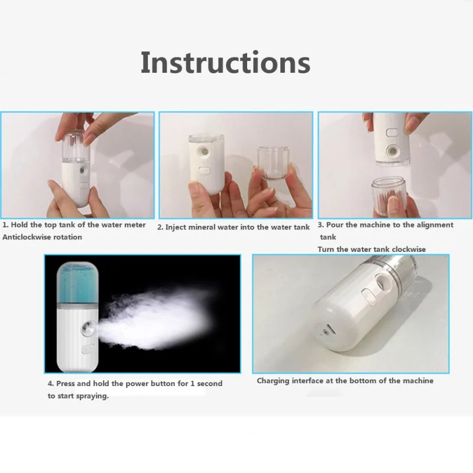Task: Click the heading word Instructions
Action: (x=225, y=63)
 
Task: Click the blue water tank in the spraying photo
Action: (x=77, y=283)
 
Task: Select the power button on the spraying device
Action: (x=88, y=349)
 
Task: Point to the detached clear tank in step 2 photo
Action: (x=273, y=162)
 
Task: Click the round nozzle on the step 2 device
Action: (x=203, y=151)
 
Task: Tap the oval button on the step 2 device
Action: (x=204, y=171)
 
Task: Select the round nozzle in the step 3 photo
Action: (x=392, y=150)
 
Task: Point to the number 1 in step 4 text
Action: (x=193, y=384)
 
